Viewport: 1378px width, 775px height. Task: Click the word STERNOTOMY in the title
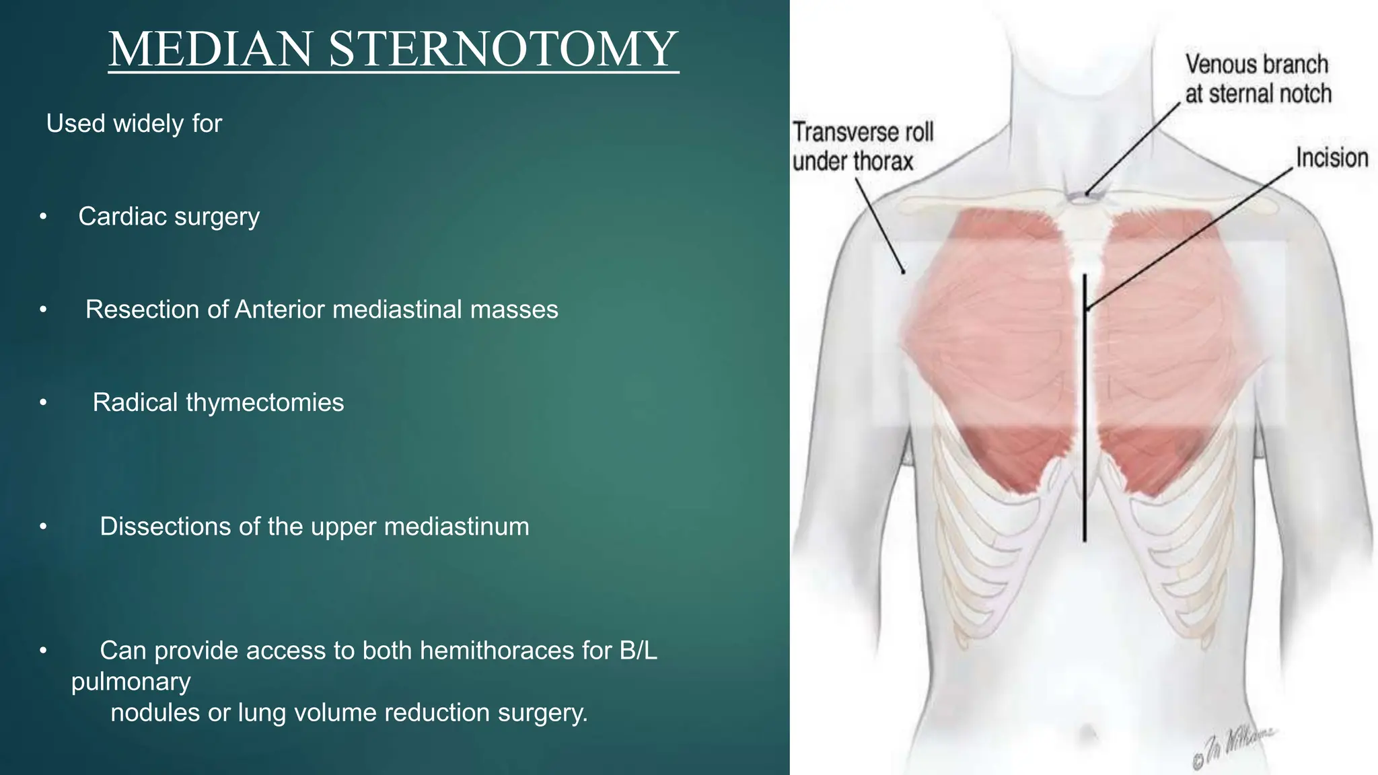point(503,49)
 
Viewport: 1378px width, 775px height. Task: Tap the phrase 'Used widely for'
point(134,124)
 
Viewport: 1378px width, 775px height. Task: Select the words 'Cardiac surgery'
point(169,217)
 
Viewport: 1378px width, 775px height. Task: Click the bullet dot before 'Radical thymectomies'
point(43,402)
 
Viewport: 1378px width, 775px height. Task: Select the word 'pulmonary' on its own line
point(131,681)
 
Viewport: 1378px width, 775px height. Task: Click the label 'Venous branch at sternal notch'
point(1257,79)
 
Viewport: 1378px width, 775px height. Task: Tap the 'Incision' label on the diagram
point(1332,158)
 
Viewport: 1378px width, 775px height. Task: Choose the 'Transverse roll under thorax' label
point(862,147)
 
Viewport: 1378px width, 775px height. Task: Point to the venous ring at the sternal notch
point(1084,197)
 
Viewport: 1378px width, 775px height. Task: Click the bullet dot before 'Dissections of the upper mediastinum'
point(43,527)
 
